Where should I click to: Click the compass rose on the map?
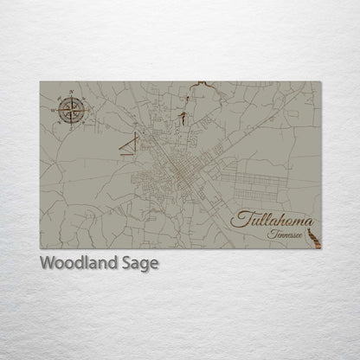pos(72,110)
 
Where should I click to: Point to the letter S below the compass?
pos(72,125)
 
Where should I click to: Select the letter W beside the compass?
pos(56,111)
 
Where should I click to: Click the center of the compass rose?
pos(72,110)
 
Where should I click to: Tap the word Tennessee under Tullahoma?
pos(284,234)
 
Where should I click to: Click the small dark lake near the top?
pos(183,116)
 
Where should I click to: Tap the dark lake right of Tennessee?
pos(315,231)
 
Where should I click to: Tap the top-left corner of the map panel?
pos(41,82)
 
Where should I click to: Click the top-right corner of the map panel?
pos(320,82)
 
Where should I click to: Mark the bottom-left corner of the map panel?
pos(41,248)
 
